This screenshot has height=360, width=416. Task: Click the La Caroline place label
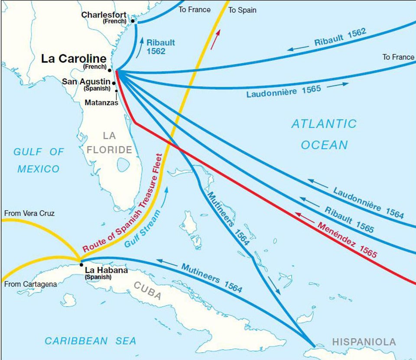pos(73,59)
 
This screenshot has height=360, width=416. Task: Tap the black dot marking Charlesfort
pos(133,21)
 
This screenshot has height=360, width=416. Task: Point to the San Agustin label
pos(86,81)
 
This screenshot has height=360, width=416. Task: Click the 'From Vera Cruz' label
pos(29,213)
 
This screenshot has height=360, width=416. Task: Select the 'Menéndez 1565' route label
pos(347,239)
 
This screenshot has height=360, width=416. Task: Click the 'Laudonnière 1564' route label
pos(368,202)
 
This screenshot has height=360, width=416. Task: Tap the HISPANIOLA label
pos(364,342)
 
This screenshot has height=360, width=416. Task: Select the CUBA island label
pos(147,291)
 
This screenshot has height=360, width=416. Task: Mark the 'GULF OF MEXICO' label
pos(39,160)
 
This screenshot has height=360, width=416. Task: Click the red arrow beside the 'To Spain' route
pos(215,39)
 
